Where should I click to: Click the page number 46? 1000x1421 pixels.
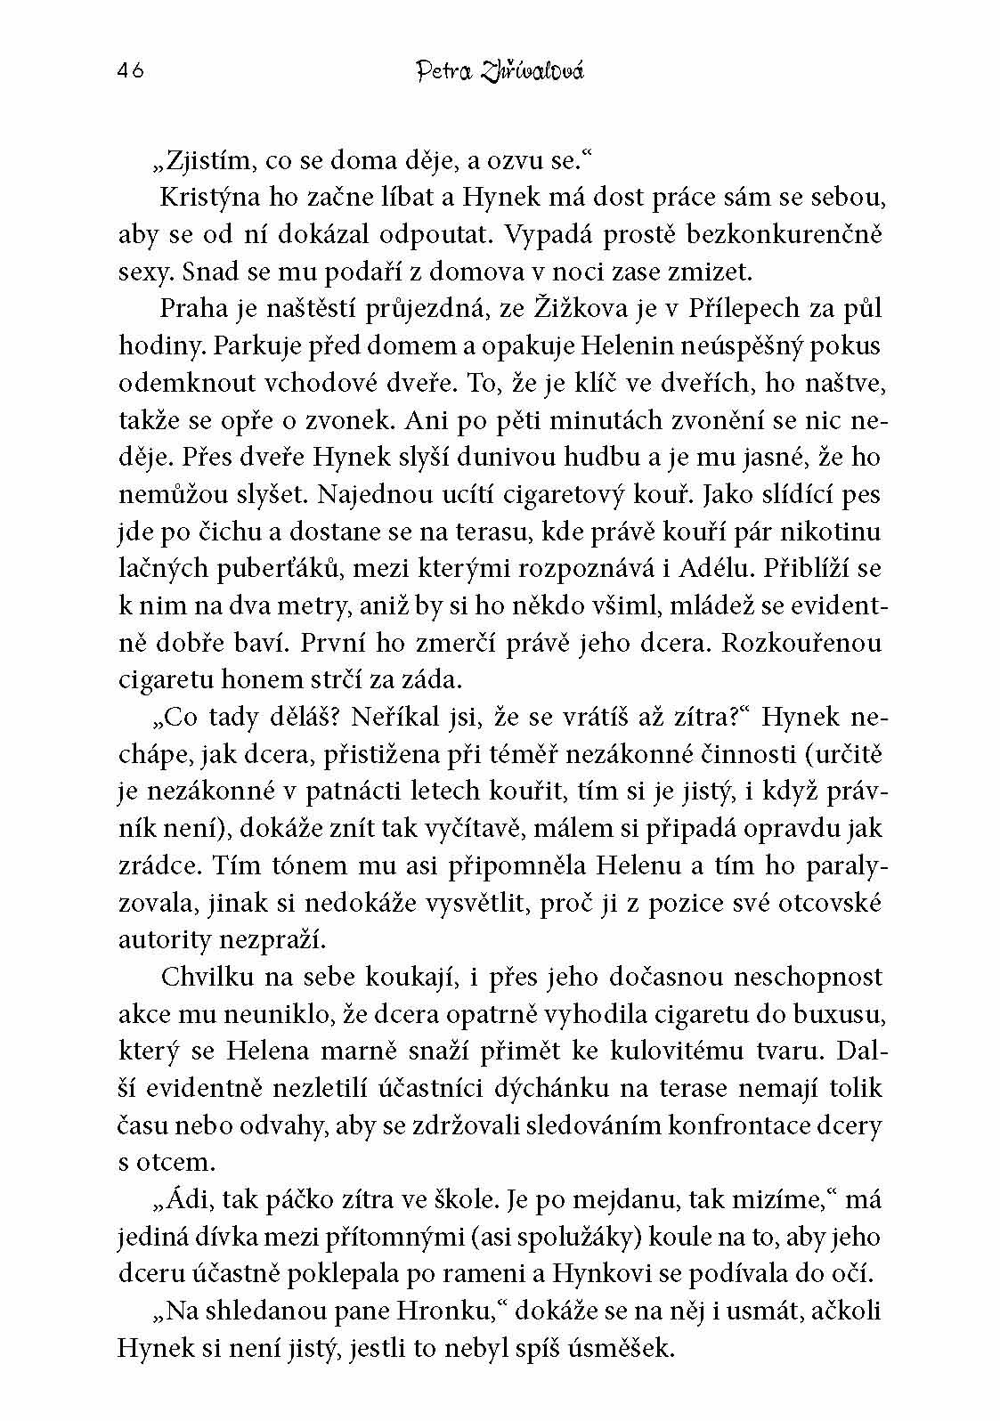click(x=130, y=71)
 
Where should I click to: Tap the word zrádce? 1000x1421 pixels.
click(x=150, y=865)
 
